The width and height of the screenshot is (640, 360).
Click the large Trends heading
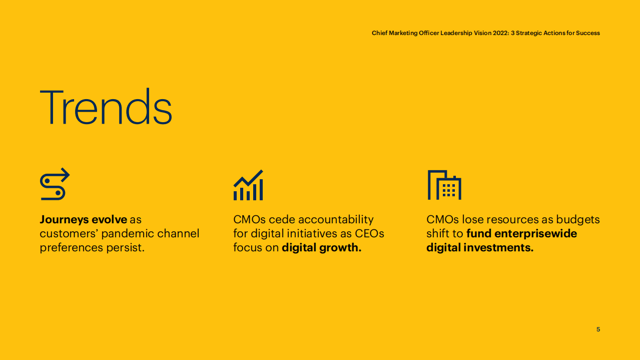pos(106,106)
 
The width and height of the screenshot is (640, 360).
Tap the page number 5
pos(598,329)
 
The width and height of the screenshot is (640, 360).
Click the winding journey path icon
pos(55,184)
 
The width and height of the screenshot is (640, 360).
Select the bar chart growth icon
pos(248,185)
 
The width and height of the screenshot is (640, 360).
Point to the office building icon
pos(444,185)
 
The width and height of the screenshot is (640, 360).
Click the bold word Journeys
pos(64,220)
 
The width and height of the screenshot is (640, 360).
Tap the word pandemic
pos(128,233)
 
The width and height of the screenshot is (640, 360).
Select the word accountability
pos(336,220)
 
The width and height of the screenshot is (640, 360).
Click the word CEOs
pos(369,234)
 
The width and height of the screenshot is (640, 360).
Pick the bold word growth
pos(340,248)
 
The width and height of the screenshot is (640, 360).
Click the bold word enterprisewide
pos(536,234)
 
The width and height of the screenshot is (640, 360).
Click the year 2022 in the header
pos(500,33)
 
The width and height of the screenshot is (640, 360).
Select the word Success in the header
pos(588,33)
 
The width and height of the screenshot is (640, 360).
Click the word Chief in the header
pos(379,33)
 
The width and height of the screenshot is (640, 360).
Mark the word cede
pos(282,220)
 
